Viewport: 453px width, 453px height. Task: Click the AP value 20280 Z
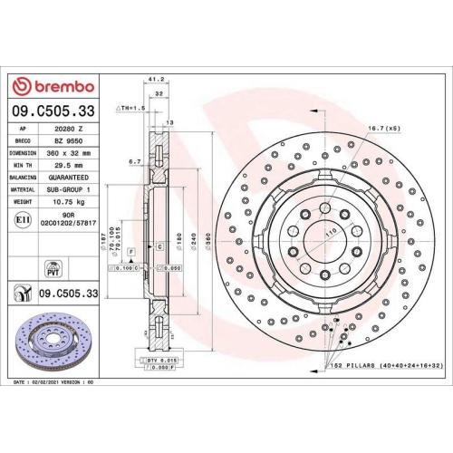[70, 130]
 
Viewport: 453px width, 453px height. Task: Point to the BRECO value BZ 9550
[70, 142]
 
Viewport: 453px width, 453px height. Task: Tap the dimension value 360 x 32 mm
[70, 154]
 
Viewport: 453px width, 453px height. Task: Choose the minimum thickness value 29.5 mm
[70, 166]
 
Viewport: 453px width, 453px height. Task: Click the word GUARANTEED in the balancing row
[70, 178]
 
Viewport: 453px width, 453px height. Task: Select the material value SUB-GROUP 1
[70, 189]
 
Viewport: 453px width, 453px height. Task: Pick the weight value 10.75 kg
[70, 201]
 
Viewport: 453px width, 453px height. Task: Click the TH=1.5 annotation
[130, 108]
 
